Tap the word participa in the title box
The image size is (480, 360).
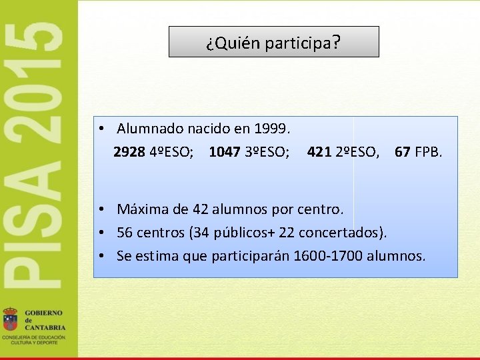tap(297, 44)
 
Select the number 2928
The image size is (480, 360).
tap(129, 152)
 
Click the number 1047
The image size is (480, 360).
tap(225, 152)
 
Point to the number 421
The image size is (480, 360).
tap(319, 152)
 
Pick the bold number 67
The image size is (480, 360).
tap(402, 152)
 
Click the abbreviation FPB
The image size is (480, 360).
tap(428, 152)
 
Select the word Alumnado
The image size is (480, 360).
tap(150, 127)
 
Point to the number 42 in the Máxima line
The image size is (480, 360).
tap(200, 209)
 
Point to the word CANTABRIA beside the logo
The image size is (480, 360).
tap(45, 327)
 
